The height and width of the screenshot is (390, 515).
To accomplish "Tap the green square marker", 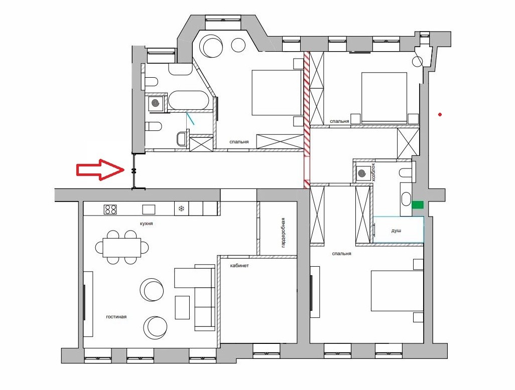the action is [418, 205].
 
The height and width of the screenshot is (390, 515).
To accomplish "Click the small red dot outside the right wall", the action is [440, 114].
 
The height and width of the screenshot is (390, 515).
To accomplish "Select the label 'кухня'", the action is [146, 224].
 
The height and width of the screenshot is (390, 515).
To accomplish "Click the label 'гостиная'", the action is [116, 317].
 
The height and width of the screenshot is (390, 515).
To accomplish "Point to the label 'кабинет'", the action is [239, 266].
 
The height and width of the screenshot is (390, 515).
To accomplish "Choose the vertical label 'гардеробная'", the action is [283, 233].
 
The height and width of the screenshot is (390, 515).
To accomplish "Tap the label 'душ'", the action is [396, 231].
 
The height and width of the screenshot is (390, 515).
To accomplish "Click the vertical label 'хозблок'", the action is [373, 172].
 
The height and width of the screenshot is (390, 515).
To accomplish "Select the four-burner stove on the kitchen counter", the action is [110, 209].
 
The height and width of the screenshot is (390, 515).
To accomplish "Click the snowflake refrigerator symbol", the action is [181, 209].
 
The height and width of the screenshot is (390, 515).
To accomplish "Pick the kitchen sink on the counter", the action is [149, 209].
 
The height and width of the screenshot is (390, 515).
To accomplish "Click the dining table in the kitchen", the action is [122, 248].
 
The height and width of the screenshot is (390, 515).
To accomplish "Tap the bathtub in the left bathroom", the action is [188, 100].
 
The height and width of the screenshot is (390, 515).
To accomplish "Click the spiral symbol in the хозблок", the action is [362, 173].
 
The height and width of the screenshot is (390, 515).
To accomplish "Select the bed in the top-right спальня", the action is [384, 98].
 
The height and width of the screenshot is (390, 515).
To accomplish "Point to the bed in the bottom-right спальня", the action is [397, 291].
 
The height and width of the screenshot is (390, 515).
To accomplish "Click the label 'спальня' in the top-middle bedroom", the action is [239, 142].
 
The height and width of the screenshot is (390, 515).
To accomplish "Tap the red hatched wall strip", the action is [307, 120].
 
